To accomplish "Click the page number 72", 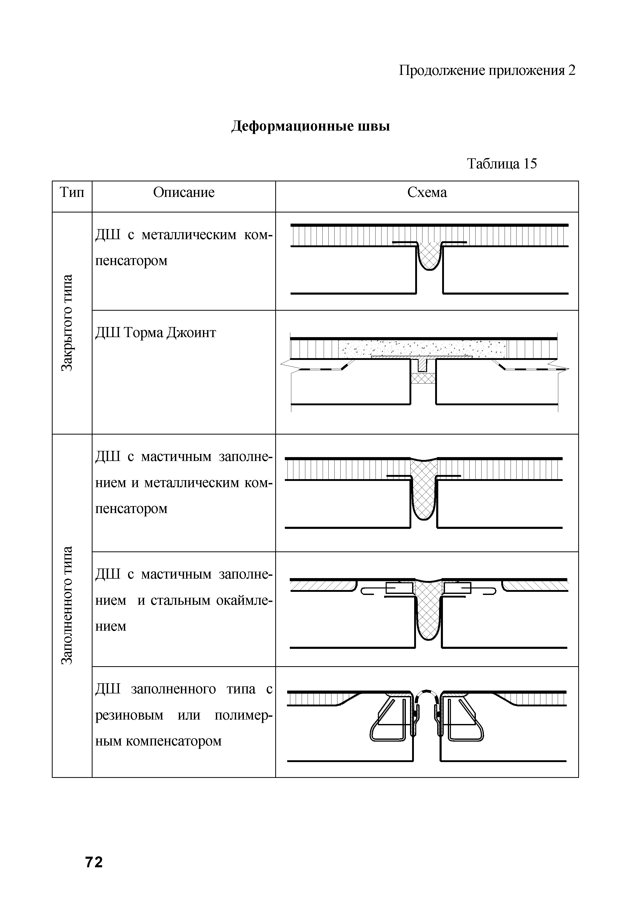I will pos(94,862).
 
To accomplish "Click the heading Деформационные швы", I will pos(310,126).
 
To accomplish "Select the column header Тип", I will pos(72,193).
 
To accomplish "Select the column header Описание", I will pos(184,193).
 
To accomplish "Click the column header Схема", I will pos(427,193).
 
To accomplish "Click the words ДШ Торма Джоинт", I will pos(156,332).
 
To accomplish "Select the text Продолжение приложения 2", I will pos(487,70).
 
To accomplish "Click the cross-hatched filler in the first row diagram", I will pos(430,255).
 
